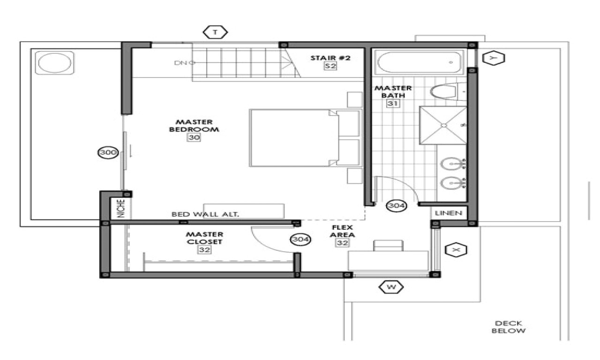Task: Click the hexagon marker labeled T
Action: [216, 32]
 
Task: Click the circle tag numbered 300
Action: [108, 152]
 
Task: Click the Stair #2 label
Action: [330, 58]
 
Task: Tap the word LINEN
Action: [449, 213]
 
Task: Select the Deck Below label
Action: [509, 327]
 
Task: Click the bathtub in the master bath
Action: [419, 62]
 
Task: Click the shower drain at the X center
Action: [442, 125]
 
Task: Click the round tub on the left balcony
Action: [55, 63]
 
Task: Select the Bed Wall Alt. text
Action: [205, 214]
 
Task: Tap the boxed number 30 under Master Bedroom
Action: [194, 138]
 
